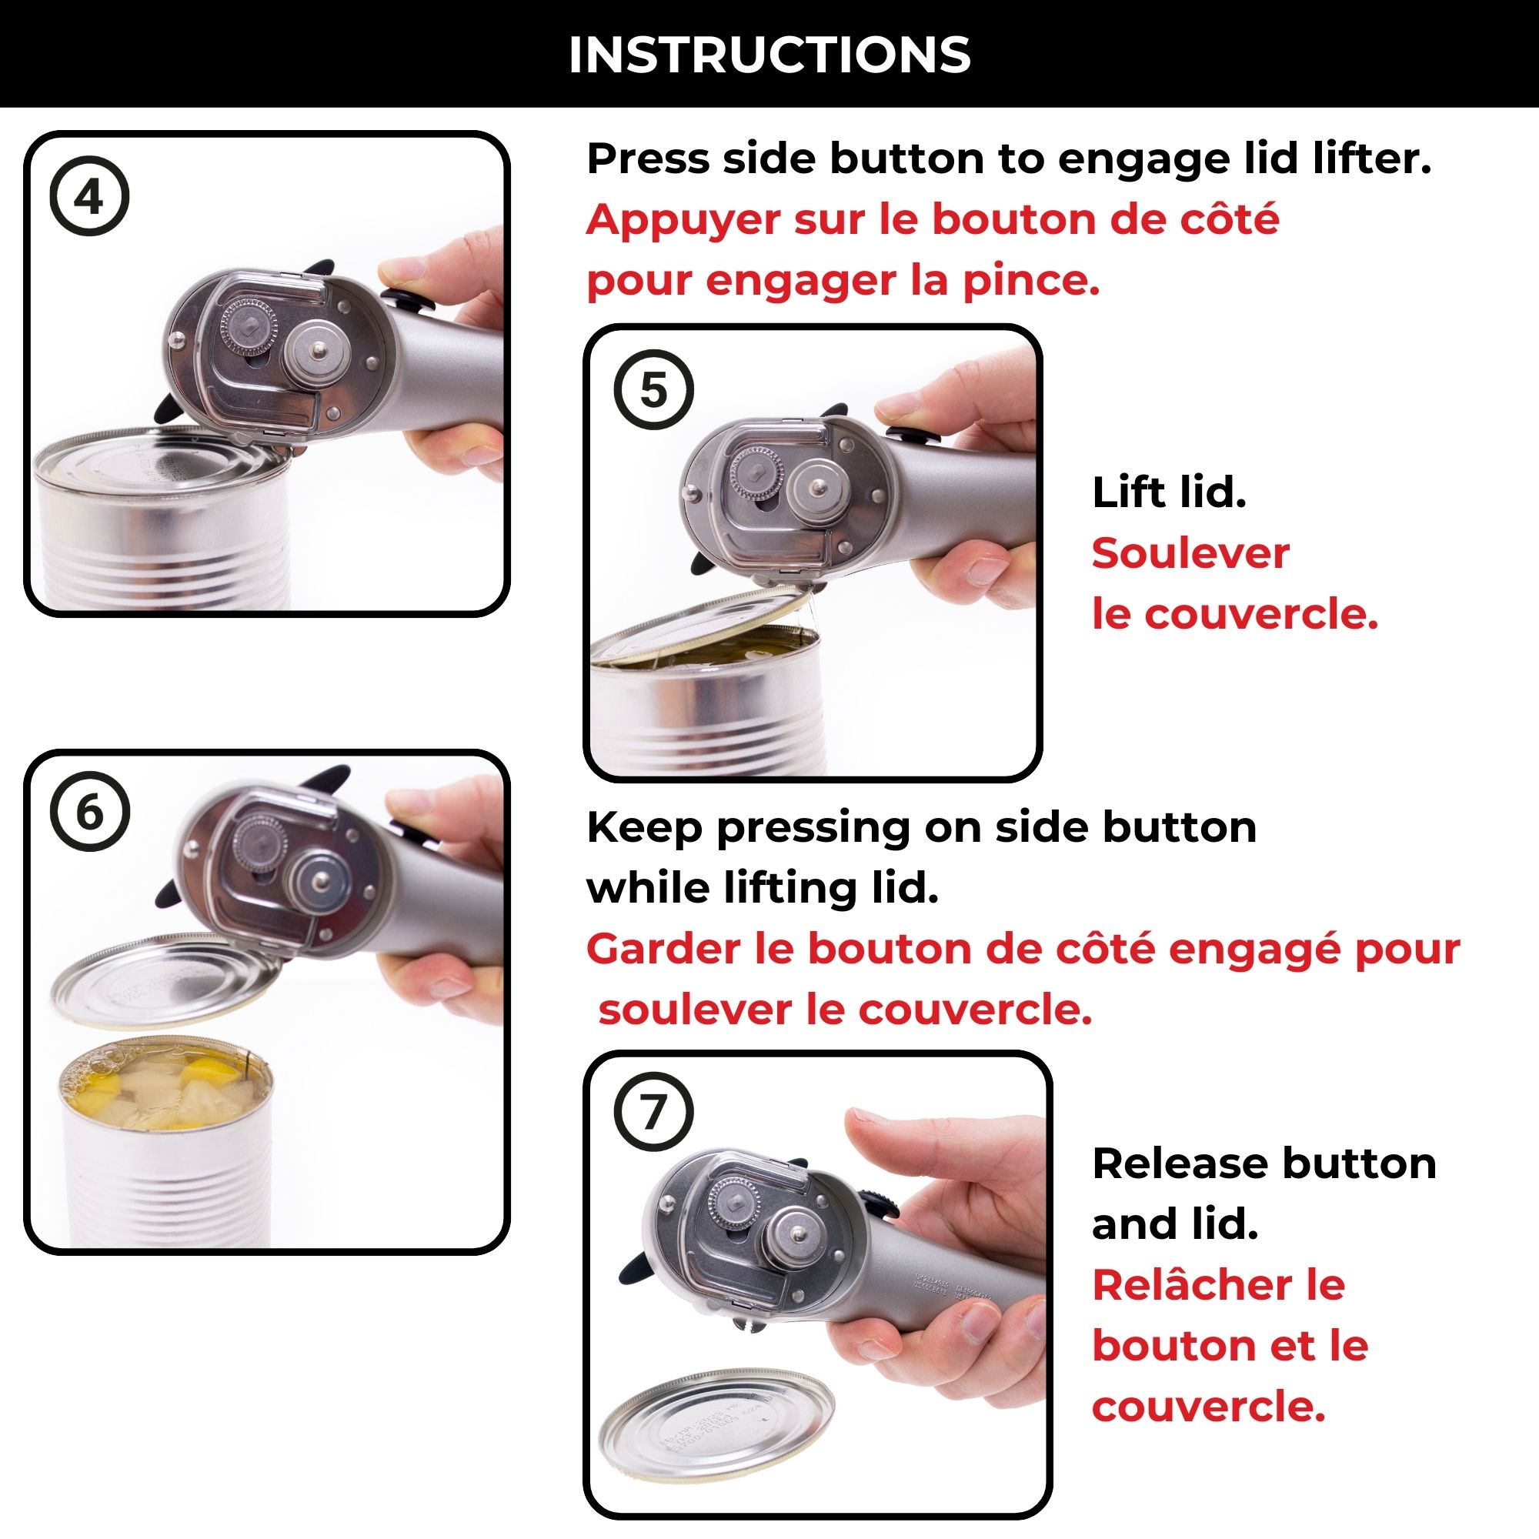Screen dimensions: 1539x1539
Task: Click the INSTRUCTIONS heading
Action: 769,55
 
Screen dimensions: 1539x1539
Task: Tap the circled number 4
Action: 89,197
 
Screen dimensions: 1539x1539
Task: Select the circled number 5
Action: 653,390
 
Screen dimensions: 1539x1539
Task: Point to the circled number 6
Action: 89,812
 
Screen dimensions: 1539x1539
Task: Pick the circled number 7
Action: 653,1111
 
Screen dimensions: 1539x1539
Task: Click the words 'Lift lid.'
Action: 1169,492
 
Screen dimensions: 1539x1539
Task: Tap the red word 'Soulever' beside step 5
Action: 1190,553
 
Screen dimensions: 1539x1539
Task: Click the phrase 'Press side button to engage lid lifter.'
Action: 1009,159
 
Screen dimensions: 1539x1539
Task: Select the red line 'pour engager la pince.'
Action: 843,281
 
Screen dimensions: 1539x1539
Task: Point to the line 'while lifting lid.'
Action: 763,888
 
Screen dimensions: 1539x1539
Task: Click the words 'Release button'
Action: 1264,1163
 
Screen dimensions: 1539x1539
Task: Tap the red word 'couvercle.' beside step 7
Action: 1208,1407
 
